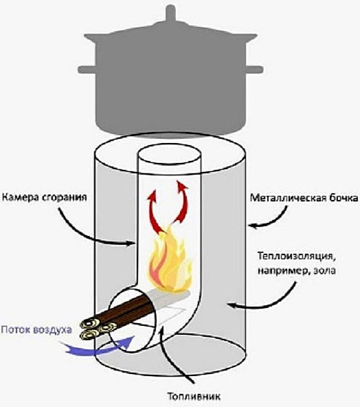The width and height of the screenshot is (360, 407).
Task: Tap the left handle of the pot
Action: pyautogui.click(x=87, y=69)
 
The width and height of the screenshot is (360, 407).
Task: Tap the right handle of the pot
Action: pyautogui.click(x=255, y=69)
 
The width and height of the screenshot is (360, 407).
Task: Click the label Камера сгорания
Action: pyautogui.click(x=44, y=197)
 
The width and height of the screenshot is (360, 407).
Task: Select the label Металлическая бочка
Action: pyautogui.click(x=304, y=198)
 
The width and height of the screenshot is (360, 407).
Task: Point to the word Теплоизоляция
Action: pyautogui.click(x=295, y=256)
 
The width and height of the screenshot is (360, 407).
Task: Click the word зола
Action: pyautogui.click(x=324, y=271)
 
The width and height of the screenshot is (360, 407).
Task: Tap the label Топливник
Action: pyautogui.click(x=194, y=397)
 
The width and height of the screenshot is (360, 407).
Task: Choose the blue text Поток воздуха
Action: pyautogui.click(x=36, y=329)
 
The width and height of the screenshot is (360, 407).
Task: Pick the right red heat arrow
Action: pyautogui.click(x=181, y=205)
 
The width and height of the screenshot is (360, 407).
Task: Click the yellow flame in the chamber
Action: pyautogui.click(x=169, y=262)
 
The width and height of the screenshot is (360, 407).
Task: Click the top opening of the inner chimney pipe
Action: pyautogui.click(x=169, y=156)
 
